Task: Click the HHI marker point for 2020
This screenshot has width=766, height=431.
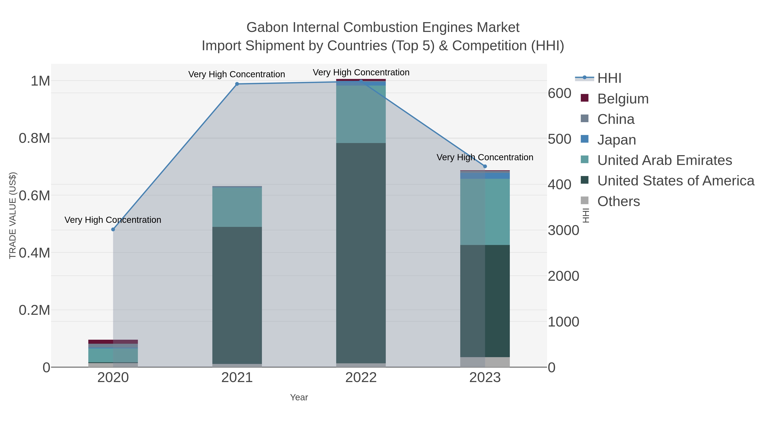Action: click(113, 229)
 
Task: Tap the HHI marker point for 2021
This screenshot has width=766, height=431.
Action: click(237, 84)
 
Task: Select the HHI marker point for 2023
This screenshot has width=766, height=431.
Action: click(485, 166)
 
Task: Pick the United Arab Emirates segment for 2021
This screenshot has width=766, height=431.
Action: click(237, 207)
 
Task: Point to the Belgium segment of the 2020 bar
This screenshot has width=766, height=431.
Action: click(113, 341)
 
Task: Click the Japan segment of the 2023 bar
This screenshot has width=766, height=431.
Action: click(485, 176)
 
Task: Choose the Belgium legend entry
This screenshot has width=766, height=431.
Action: click(623, 99)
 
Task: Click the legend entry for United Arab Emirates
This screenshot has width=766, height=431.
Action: click(664, 160)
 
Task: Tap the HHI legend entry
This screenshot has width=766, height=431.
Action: click(609, 78)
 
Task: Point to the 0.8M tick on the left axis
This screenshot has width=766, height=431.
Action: click(34, 138)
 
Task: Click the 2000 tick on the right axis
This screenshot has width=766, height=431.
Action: click(563, 276)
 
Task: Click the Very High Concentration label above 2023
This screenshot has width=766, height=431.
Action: click(485, 157)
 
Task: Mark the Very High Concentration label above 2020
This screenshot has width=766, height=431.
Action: click(113, 220)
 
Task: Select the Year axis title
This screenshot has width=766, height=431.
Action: click(299, 397)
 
